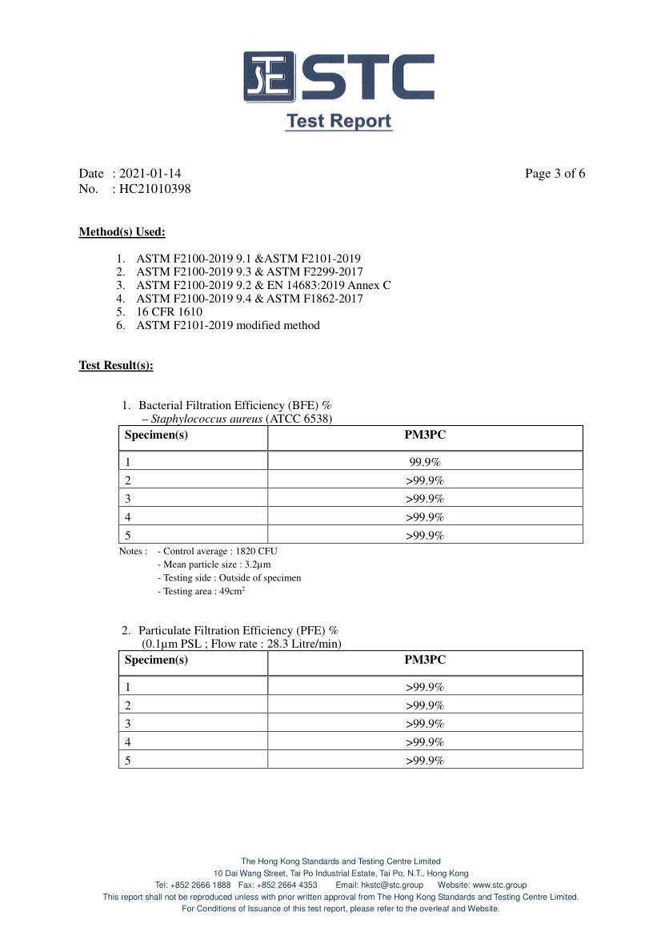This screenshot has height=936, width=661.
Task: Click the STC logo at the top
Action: click(x=339, y=78)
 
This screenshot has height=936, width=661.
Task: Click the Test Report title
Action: click(x=339, y=122)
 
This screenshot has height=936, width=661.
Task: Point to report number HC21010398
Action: click(x=154, y=190)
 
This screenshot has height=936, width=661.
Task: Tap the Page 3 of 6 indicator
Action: click(x=555, y=174)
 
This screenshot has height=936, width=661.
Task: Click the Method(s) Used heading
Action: click(x=122, y=232)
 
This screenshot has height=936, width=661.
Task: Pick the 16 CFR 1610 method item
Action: click(x=169, y=311)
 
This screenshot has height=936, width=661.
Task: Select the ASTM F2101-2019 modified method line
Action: click(x=227, y=325)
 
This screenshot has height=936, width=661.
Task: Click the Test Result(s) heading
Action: click(x=116, y=365)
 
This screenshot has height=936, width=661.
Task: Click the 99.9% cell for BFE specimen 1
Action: click(x=425, y=462)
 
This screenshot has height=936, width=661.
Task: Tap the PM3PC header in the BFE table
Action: click(x=425, y=435)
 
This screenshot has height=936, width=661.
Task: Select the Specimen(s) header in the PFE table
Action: click(x=156, y=660)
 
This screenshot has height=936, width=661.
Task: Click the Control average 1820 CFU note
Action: click(x=218, y=551)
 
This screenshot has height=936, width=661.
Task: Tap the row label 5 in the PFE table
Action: click(x=128, y=761)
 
